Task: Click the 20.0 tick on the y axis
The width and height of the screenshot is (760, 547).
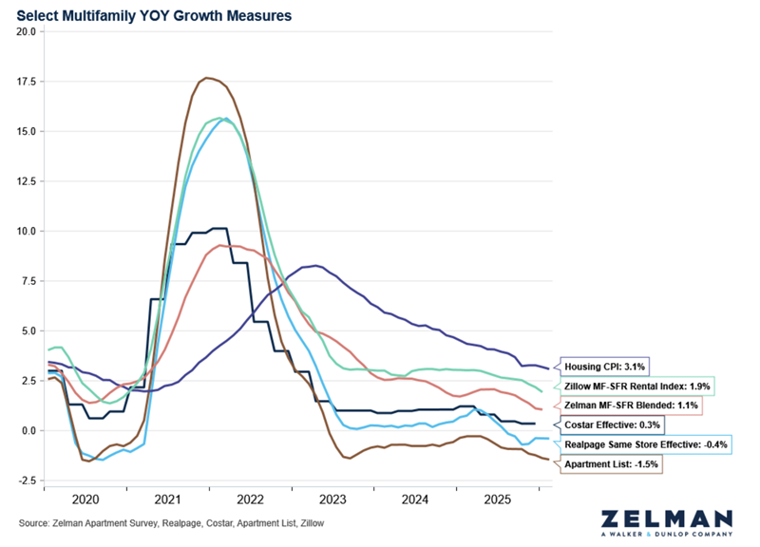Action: [x=27, y=31]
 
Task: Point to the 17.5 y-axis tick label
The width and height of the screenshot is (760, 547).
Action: [x=27, y=82]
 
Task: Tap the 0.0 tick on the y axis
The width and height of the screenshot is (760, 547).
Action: [x=29, y=431]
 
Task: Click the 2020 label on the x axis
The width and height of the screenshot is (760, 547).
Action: [x=85, y=500]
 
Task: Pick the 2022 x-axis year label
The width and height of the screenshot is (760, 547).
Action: [x=251, y=500]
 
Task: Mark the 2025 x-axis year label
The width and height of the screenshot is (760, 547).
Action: [x=498, y=500]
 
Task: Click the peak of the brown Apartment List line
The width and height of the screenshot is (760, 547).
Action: [x=207, y=78]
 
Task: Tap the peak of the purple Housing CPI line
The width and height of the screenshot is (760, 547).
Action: [x=315, y=265]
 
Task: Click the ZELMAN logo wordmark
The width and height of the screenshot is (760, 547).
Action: [x=667, y=519]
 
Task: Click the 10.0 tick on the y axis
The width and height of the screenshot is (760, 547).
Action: [x=27, y=231]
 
